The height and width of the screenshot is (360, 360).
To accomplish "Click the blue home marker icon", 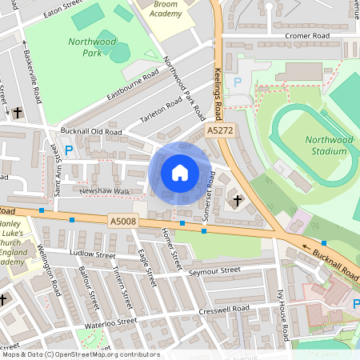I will [x=180, y=172].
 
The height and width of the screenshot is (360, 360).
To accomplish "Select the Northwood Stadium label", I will [x=329, y=145].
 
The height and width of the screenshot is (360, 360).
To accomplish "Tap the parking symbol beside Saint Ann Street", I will [x=69, y=150].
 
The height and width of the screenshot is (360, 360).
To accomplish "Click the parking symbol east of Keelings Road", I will [x=236, y=82].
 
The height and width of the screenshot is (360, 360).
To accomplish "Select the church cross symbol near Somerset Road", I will [x=238, y=199].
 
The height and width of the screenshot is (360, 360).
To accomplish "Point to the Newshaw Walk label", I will [x=104, y=191].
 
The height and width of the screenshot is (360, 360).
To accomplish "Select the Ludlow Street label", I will [x=93, y=254].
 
